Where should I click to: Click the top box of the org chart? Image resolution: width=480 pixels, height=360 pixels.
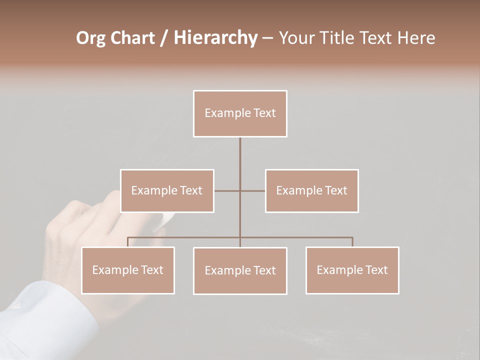240,113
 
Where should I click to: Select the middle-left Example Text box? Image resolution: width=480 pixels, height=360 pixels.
167,190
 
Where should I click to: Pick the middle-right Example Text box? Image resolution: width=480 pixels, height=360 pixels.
311,190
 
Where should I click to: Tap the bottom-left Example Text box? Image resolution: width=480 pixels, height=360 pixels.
128,270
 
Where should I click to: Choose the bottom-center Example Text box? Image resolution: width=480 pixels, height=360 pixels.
240,270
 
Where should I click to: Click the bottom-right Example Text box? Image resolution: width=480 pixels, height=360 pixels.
352,270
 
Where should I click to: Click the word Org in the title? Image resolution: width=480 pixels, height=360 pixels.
90,38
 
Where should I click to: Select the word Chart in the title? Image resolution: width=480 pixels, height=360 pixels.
132,38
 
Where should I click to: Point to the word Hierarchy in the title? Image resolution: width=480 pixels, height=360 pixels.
215,38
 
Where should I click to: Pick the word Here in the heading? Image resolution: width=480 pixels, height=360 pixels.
416,38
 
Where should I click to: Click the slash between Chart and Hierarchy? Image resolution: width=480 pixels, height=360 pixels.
164,38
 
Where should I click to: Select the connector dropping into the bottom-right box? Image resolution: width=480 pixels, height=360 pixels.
352,242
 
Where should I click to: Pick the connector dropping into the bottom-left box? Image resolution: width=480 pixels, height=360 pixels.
128,242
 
